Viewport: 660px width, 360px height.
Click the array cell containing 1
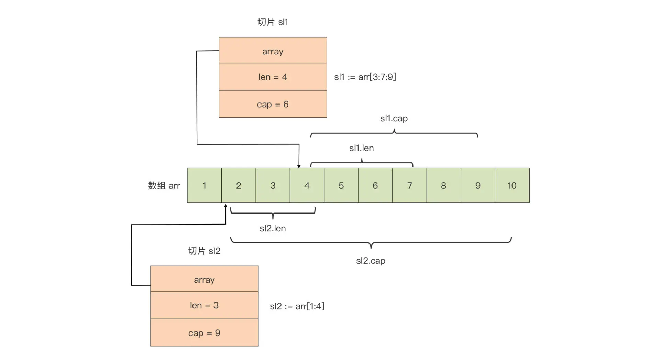[204, 185]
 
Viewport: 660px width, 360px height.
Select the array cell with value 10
[512, 185]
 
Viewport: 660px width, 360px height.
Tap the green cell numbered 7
[409, 185]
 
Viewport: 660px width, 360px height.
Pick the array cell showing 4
[307, 185]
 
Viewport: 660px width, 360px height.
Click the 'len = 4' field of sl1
[273, 77]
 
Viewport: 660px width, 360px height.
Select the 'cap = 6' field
[273, 104]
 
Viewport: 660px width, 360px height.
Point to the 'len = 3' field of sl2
[204, 305]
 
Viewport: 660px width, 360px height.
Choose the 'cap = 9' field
[204, 333]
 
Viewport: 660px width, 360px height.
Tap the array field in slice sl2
[204, 279]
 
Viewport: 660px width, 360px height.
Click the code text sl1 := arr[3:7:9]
[365, 77]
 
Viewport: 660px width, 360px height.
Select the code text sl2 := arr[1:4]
[297, 306]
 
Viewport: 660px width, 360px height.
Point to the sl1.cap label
[394, 118]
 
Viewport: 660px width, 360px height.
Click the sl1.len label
[361, 148]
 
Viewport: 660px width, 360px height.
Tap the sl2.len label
[273, 228]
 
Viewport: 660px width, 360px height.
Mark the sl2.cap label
[371, 261]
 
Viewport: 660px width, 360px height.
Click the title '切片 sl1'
[273, 22]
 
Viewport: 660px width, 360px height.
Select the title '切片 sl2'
[204, 251]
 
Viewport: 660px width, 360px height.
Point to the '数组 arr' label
[164, 186]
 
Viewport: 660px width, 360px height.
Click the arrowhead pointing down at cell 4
[299, 166]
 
